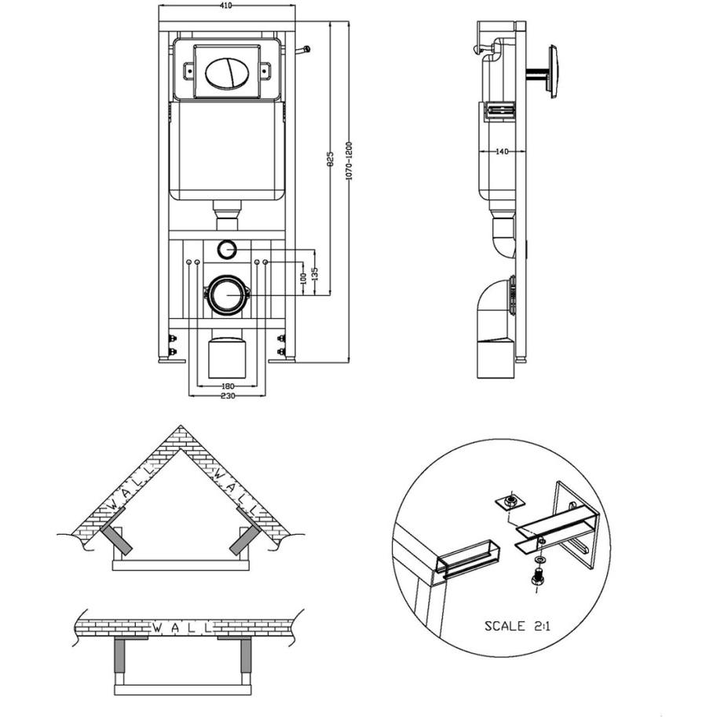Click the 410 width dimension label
[x=226, y=5]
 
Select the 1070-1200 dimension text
[x=349, y=160]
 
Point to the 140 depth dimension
[x=502, y=152]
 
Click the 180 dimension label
[x=228, y=386]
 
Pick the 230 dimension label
[x=228, y=396]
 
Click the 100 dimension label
[x=302, y=279]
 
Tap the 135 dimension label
[x=314, y=274]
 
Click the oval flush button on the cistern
[x=227, y=73]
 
